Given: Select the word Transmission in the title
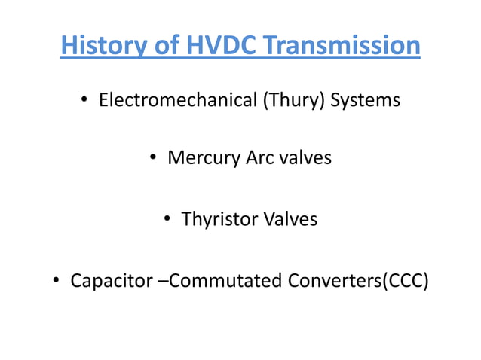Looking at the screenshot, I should tap(342, 45).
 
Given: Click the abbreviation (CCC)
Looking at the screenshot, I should tap(405, 281).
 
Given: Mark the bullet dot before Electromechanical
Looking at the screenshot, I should tap(84, 101).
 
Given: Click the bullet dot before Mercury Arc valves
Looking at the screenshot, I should tap(152, 160).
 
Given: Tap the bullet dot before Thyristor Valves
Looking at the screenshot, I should tap(167, 220).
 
